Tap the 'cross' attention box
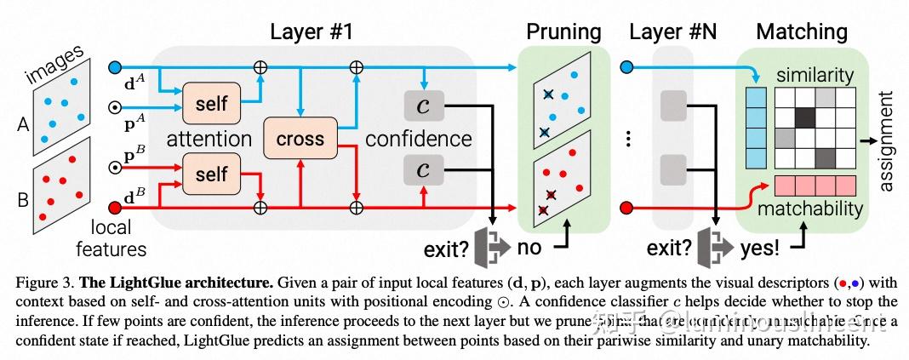coord(300,139)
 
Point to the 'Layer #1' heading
coord(311,32)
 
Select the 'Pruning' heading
coord(563,32)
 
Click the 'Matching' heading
coord(802,32)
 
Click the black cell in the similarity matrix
coord(804,117)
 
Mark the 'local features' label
coord(111,238)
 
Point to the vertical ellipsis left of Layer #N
coord(626,137)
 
